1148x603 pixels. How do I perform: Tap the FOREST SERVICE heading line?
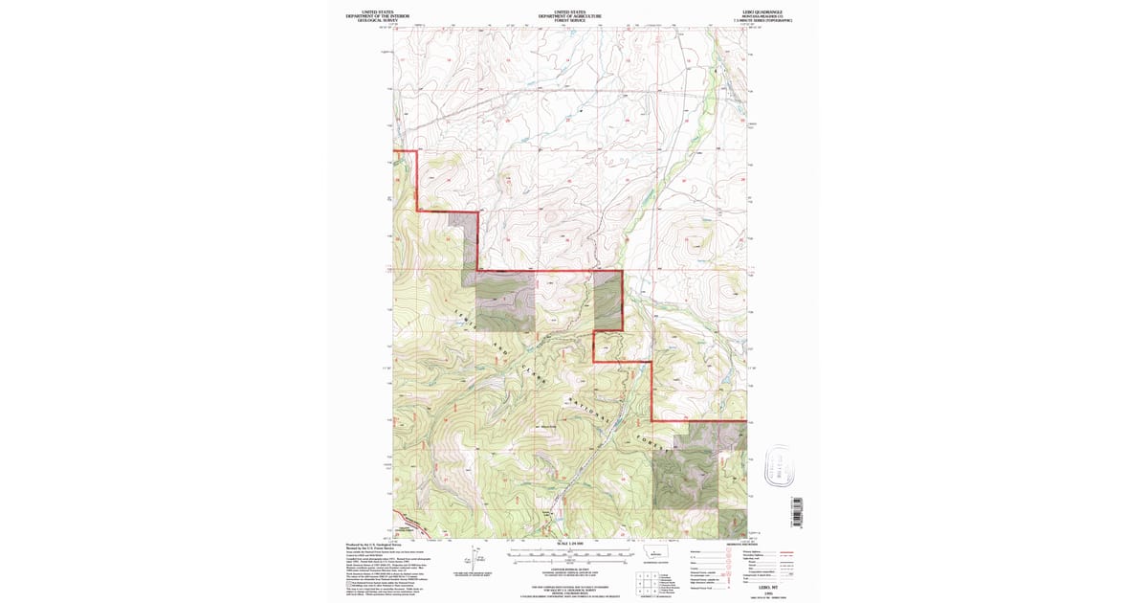pos(570,20)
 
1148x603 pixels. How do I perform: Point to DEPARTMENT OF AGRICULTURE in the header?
pos(570,15)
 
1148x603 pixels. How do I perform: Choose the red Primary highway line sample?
pos(788,552)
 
